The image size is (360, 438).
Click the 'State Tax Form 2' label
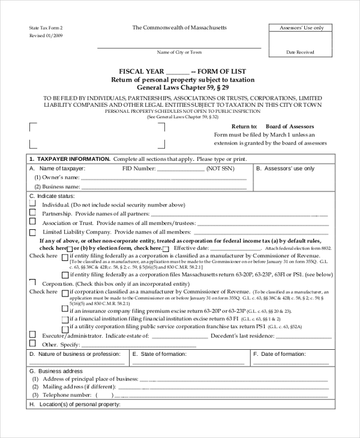(x=46, y=28)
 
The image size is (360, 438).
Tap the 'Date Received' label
(x=300, y=52)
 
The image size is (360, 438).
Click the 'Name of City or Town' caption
(x=179, y=52)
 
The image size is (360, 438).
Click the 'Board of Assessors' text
(x=290, y=127)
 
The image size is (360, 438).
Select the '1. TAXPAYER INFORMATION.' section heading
(x=69, y=158)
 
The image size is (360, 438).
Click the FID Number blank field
(x=181, y=169)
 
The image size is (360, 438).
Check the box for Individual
(x=32, y=204)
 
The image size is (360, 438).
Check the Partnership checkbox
(x=32, y=213)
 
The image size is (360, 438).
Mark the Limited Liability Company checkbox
(x=32, y=231)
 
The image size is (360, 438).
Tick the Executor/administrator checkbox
(x=32, y=335)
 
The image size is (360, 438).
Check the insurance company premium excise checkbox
(x=65, y=310)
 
